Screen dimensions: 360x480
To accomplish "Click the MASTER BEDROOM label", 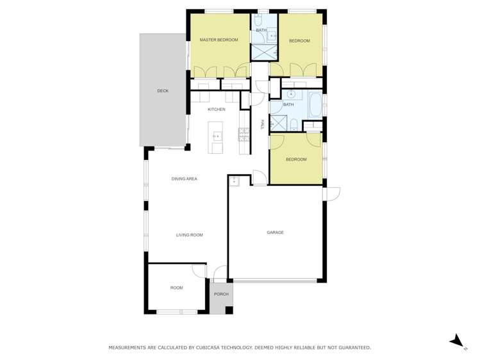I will click(219, 40).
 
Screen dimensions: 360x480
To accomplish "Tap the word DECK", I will click(163, 91).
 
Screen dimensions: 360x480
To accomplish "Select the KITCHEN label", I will click(216, 110).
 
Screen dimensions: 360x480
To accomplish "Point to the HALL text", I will click(262, 125).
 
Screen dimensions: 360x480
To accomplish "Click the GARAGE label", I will click(275, 233).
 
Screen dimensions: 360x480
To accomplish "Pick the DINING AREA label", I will click(184, 179).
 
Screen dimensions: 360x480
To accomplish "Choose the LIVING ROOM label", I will click(189, 235).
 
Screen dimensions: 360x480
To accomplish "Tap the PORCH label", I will click(221, 294).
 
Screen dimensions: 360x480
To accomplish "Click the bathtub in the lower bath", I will click(315, 105).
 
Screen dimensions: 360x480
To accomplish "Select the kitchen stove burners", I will click(244, 134).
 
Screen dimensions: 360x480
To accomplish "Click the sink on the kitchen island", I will click(217, 136).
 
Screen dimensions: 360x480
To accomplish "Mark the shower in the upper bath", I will click(263, 51).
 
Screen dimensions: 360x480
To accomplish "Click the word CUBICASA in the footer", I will click(206, 347).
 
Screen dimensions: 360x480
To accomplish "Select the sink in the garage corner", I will click(234, 181).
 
